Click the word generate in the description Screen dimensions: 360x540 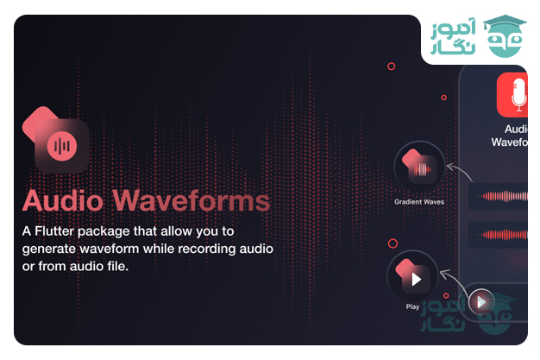(49, 249)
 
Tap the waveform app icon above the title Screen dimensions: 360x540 (61, 142)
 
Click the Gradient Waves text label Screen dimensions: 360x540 (419, 202)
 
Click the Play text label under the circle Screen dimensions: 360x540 (413, 306)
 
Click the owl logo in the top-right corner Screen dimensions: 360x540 (505, 40)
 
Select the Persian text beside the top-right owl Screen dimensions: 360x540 (451, 40)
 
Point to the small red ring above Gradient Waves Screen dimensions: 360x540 (391, 66)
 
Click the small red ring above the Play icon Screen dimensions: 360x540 (393, 244)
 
